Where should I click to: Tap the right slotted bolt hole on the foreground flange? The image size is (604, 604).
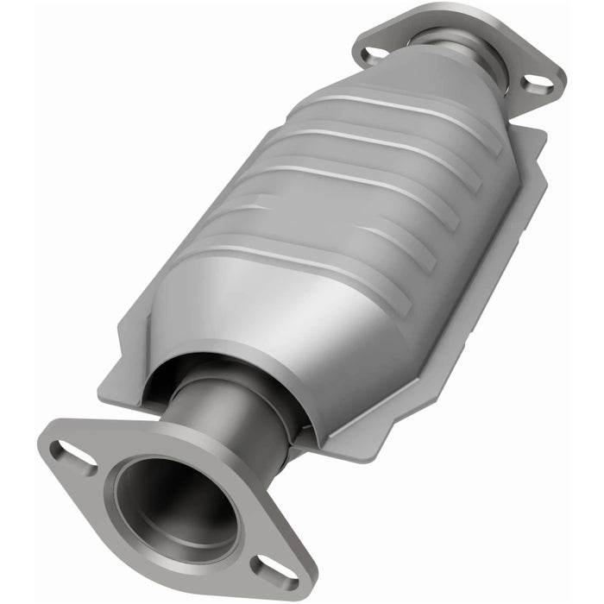(x=274, y=570)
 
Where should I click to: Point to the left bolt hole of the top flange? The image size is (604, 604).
(x=374, y=54)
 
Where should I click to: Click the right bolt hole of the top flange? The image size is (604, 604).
(x=537, y=84)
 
